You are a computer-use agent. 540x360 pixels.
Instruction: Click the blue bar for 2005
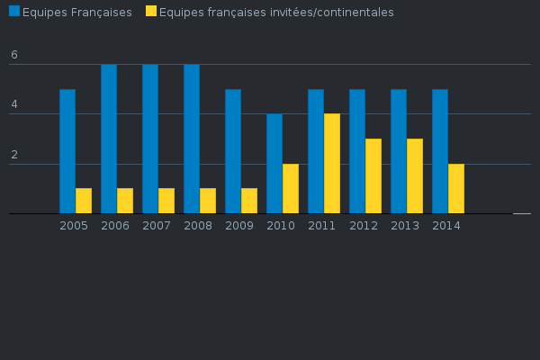click(67, 151)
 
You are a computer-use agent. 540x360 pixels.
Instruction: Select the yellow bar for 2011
click(332, 164)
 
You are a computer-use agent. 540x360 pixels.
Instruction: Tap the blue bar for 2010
click(274, 164)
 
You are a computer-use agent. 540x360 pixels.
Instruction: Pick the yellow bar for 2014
click(456, 189)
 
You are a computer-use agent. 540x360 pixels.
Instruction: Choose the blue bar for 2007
click(150, 139)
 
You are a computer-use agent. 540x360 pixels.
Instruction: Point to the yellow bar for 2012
click(373, 176)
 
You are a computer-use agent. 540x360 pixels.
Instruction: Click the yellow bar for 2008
click(208, 201)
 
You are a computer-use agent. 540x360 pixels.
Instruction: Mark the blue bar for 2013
click(399, 151)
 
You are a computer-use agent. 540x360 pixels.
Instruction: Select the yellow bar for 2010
click(291, 189)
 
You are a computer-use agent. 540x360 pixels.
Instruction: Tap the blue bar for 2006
click(109, 139)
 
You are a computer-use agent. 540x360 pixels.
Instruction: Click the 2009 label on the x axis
click(239, 225)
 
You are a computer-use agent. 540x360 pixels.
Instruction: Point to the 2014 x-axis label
click(446, 225)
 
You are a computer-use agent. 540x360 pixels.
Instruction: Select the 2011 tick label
click(322, 225)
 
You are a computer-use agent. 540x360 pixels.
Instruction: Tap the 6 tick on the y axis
click(14, 56)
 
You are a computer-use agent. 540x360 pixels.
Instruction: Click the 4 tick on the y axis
click(14, 105)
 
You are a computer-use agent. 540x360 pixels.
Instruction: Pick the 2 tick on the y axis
click(14, 156)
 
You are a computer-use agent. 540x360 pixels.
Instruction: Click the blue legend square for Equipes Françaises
click(14, 12)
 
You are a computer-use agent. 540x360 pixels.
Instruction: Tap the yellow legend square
click(150, 12)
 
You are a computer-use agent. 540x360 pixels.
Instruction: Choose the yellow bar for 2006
click(125, 201)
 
